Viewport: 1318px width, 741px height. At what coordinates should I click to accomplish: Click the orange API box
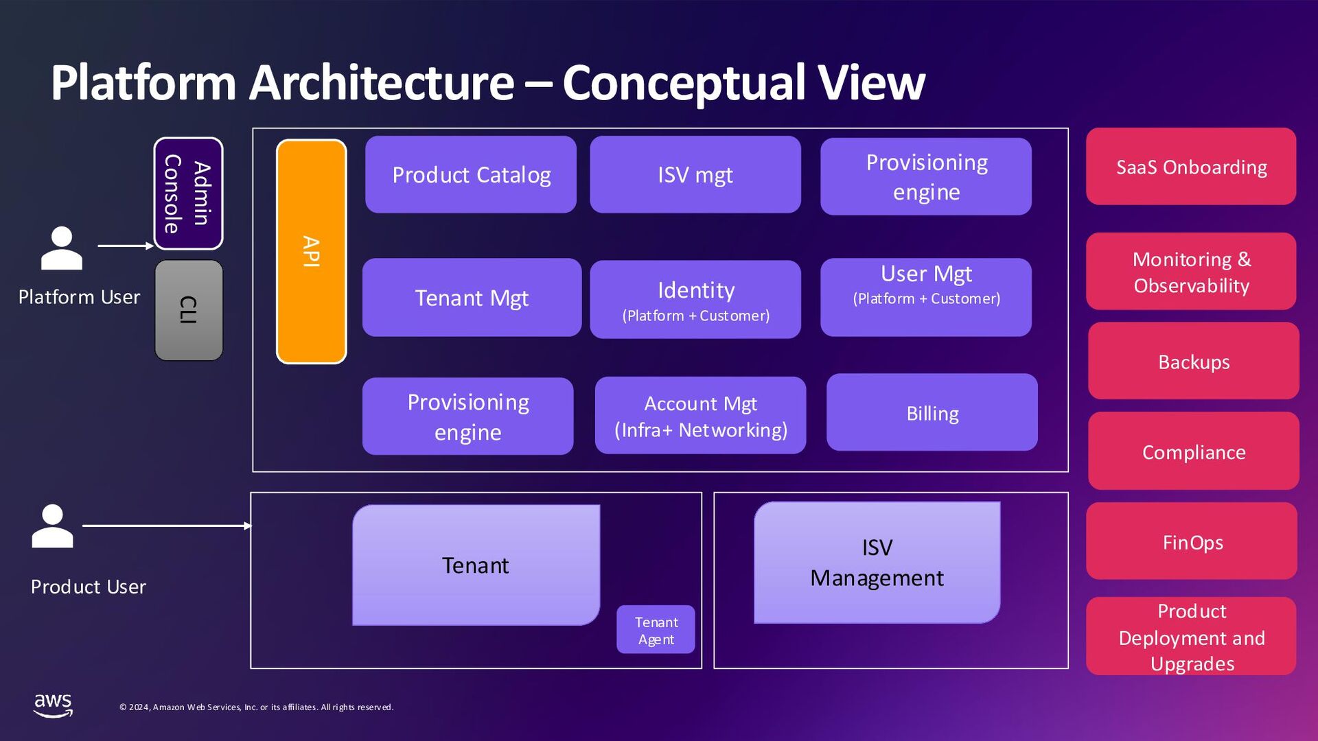pos(311,251)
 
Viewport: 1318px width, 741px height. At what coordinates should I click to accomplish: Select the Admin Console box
pos(188,193)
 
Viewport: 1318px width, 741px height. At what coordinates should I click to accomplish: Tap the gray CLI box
pos(188,310)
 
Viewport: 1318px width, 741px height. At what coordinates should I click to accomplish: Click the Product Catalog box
pos(471,175)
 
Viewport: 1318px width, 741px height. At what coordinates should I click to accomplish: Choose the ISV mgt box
pos(695,175)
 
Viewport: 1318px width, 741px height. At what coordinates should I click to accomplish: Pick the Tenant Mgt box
pos(472,298)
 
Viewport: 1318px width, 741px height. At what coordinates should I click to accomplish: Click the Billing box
pos(932,412)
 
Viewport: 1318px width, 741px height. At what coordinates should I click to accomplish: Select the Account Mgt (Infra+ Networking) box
pos(700,416)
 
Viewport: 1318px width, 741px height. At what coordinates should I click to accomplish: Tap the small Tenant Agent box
pos(656,630)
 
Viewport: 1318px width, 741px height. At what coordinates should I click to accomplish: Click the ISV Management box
pos(877,563)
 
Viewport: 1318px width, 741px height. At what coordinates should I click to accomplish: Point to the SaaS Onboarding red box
pos(1191,167)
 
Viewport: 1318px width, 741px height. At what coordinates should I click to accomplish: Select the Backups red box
pos(1193,362)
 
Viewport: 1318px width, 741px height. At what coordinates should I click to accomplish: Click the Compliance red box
pos(1193,451)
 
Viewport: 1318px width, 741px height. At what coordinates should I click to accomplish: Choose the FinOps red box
pos(1192,541)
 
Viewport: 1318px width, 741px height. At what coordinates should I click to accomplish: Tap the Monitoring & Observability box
pos(1191,272)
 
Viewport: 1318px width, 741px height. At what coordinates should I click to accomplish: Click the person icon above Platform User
pos(62,248)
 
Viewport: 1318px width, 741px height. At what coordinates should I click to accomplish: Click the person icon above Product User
pos(52,526)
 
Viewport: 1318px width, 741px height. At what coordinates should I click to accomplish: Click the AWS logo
pos(53,705)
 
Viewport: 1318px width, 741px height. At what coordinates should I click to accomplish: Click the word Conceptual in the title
pos(684,83)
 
